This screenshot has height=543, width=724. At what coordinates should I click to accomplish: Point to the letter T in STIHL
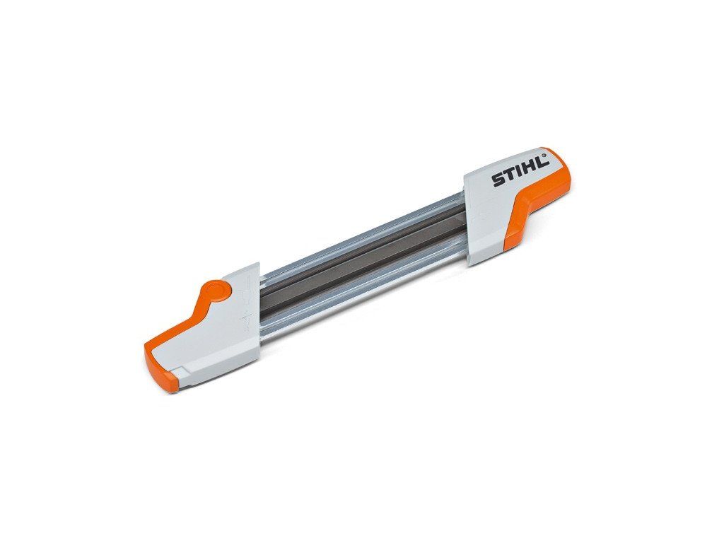[509, 176]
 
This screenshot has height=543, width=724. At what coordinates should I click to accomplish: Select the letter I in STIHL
[518, 173]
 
